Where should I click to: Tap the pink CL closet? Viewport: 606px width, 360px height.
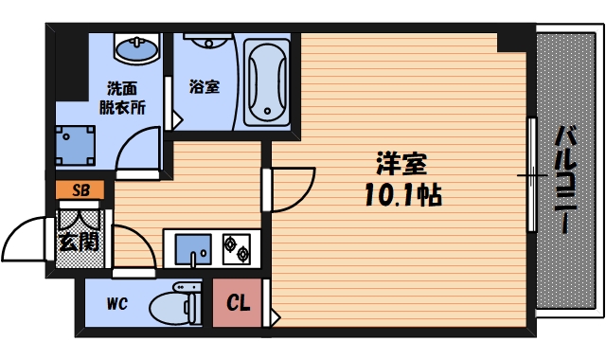click(240, 304)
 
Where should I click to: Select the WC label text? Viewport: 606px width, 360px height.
click(117, 304)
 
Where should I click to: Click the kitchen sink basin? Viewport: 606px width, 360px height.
click(192, 249)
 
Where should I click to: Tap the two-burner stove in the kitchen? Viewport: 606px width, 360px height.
click(236, 248)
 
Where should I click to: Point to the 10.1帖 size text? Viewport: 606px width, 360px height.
click(401, 196)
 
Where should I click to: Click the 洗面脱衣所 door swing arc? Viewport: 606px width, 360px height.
click(140, 152)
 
